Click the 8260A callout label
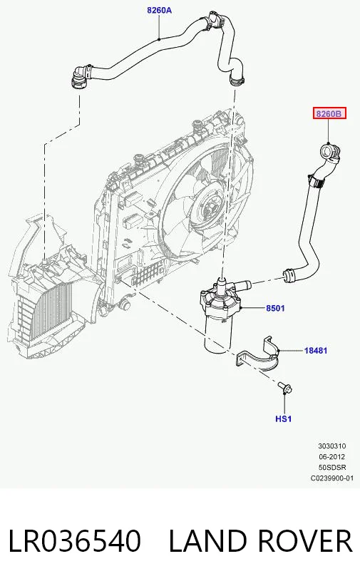pyautogui.click(x=159, y=10)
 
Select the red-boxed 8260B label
pyautogui.click(x=329, y=113)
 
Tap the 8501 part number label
pyautogui.click(x=275, y=308)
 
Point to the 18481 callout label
pyautogui.click(x=316, y=351)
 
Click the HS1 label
pyautogui.click(x=283, y=419)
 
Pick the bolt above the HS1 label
pyautogui.click(x=285, y=388)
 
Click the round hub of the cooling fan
pyautogui.click(x=209, y=205)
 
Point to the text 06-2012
pyautogui.click(x=332, y=457)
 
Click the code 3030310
pyautogui.click(x=332, y=446)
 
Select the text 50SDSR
pyautogui.click(x=332, y=467)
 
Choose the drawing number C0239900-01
pyautogui.click(x=332, y=478)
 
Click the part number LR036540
pyautogui.click(x=74, y=541)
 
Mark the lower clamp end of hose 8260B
pyautogui.click(x=289, y=275)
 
